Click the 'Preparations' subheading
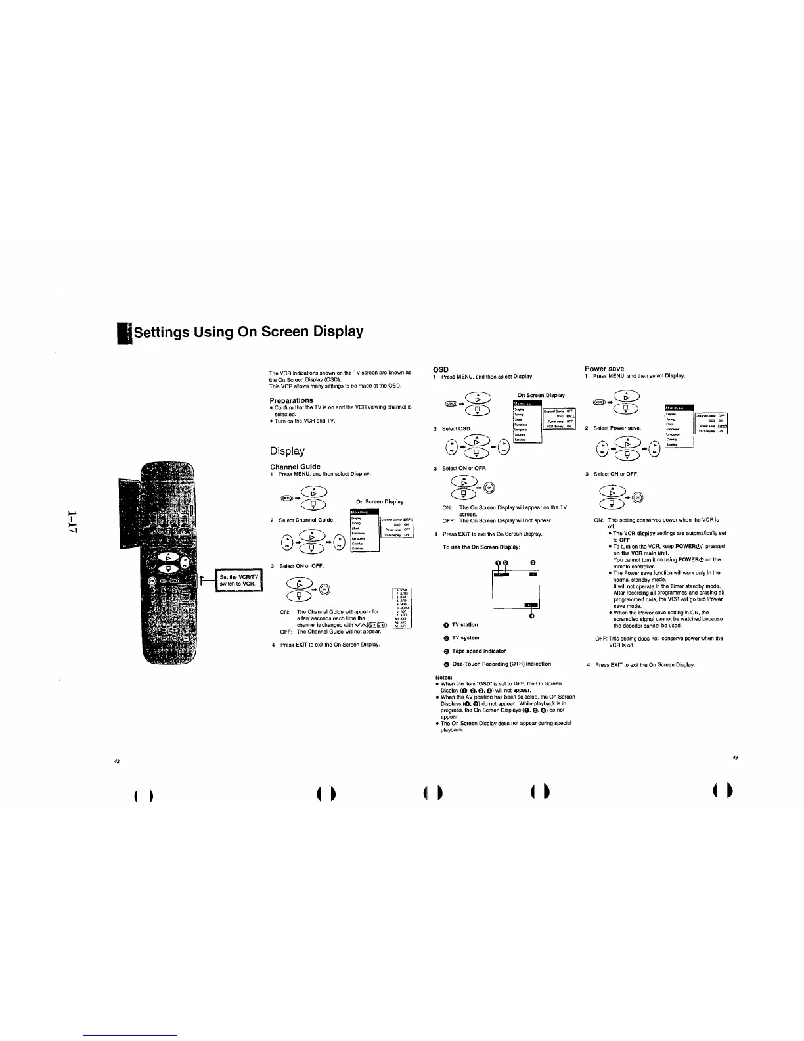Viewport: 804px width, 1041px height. pyautogui.click(x=291, y=400)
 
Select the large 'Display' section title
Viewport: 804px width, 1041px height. pyautogui.click(x=287, y=451)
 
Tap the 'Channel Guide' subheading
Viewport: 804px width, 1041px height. pyautogui.click(x=295, y=467)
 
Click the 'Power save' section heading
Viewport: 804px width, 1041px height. pyautogui.click(x=604, y=369)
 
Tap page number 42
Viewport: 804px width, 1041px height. pyautogui.click(x=116, y=760)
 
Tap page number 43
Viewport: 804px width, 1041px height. pyautogui.click(x=735, y=757)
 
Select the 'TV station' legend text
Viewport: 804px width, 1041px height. pyautogui.click(x=464, y=624)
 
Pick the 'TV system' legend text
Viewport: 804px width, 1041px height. pyautogui.click(x=465, y=637)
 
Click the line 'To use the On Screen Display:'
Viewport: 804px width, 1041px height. pyautogui.click(x=481, y=547)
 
